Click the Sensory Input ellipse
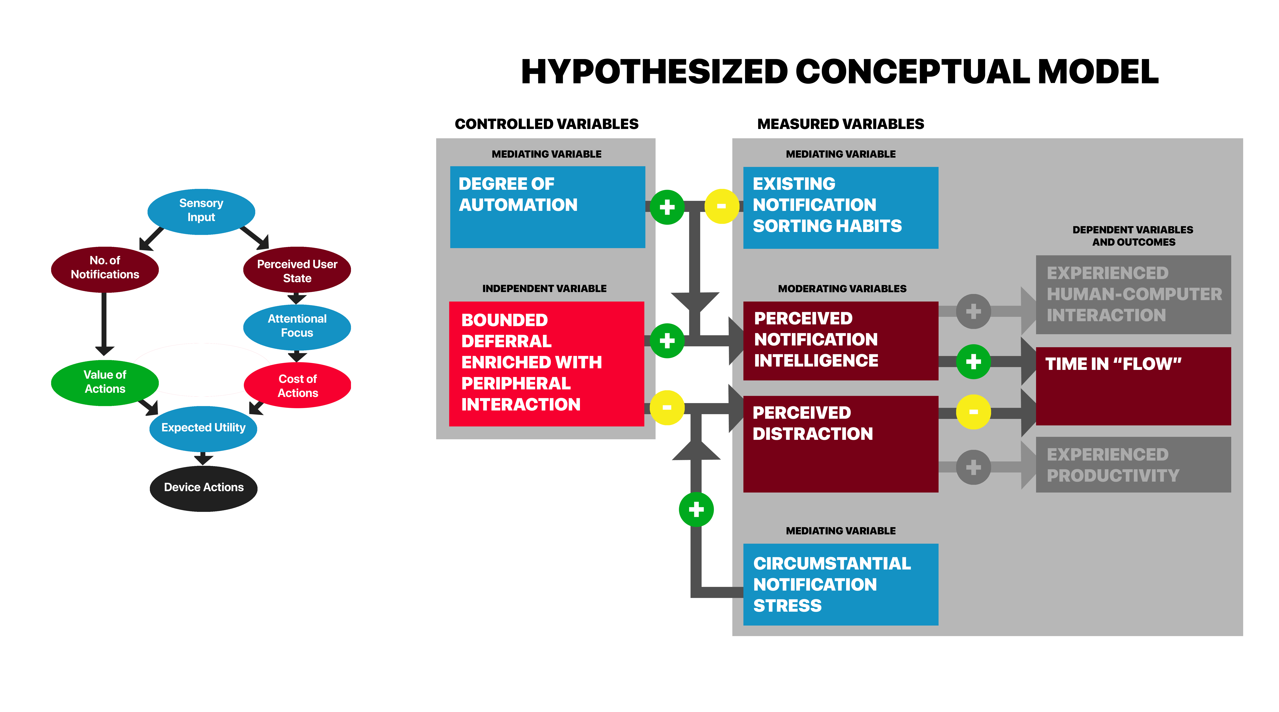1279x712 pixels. click(201, 212)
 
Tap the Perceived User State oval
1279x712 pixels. click(297, 270)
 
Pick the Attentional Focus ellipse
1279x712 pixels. click(297, 327)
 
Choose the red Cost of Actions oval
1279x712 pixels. click(297, 385)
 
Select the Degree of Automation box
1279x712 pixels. click(548, 207)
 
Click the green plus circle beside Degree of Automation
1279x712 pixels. click(667, 207)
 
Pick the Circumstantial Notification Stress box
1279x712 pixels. click(841, 584)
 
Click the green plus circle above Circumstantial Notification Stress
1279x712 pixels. click(696, 509)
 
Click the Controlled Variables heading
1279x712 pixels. click(547, 124)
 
